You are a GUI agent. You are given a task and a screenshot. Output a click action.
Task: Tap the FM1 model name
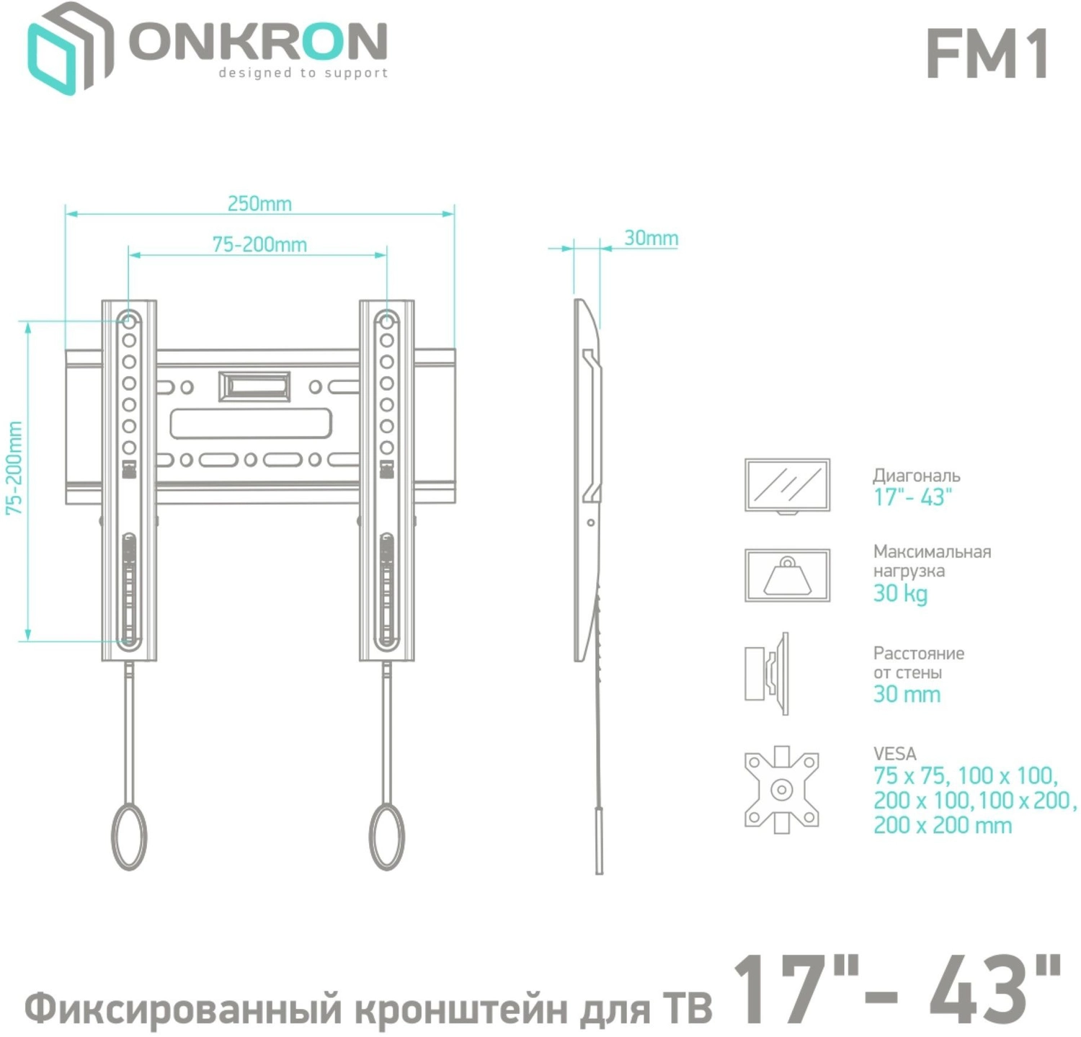(x=987, y=54)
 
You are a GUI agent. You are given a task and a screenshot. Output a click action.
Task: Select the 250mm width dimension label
(x=259, y=203)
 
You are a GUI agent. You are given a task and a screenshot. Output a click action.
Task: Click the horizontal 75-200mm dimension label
(x=259, y=244)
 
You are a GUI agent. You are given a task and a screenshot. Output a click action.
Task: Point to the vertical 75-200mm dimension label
(x=14, y=468)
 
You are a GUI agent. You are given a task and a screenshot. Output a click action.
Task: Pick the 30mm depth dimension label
(x=651, y=238)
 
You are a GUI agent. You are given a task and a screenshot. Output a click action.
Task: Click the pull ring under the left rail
(x=129, y=836)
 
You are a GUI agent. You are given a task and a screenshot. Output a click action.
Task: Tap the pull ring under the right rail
(x=387, y=836)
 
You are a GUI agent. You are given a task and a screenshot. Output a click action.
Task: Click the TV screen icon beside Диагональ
(x=787, y=486)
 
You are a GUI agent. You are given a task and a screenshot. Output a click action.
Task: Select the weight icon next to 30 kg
(x=787, y=575)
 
